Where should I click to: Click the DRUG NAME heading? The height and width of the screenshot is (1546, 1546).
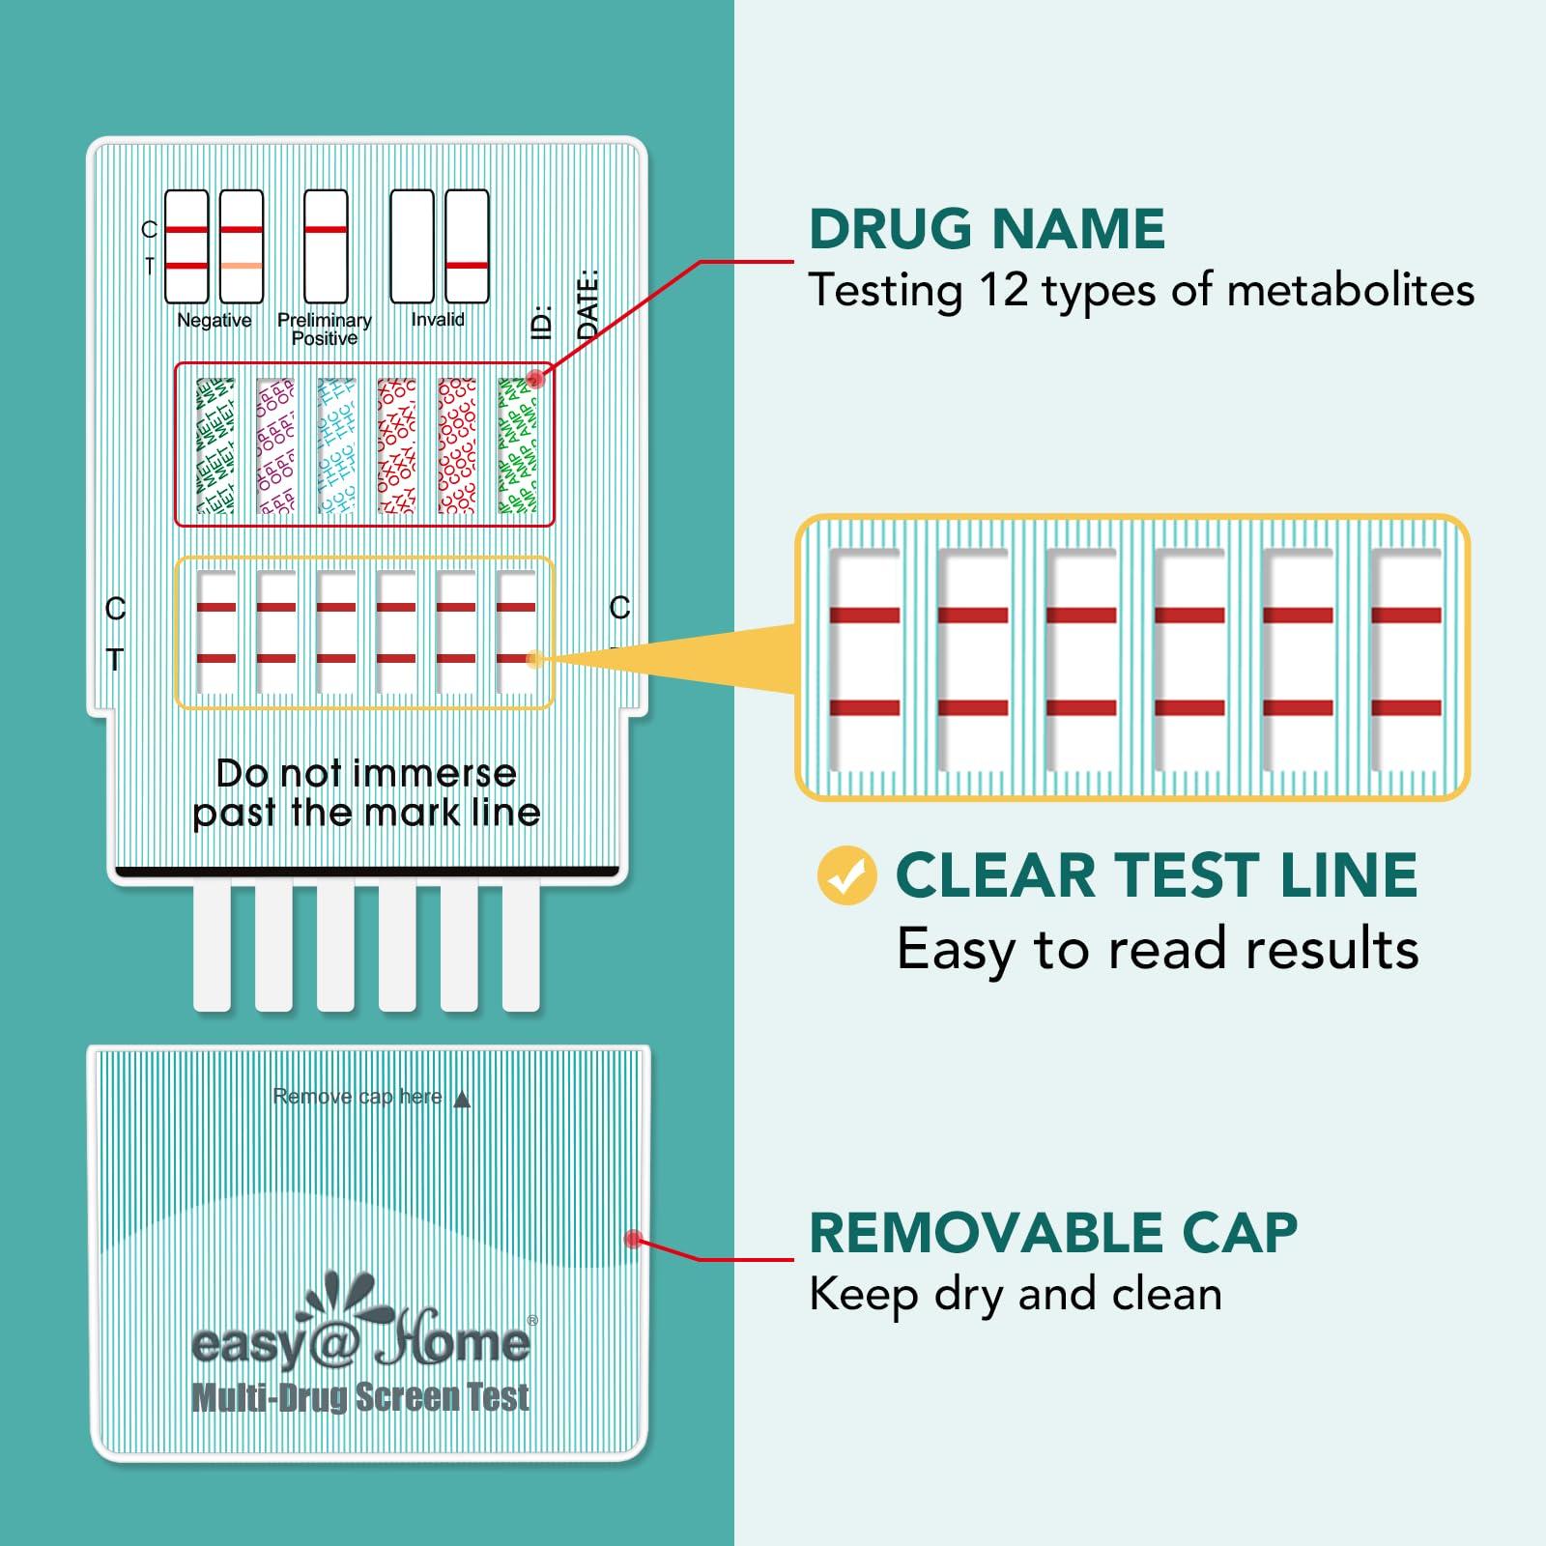(x=987, y=229)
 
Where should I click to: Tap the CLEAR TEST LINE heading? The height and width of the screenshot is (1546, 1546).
(x=1156, y=875)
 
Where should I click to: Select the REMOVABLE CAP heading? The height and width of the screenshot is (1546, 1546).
(x=1053, y=1233)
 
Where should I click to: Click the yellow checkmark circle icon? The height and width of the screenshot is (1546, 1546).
(x=846, y=875)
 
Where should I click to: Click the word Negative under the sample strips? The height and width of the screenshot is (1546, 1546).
(x=215, y=320)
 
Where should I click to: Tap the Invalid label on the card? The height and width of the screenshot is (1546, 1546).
(x=438, y=319)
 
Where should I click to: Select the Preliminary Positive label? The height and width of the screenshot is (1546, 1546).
(x=325, y=329)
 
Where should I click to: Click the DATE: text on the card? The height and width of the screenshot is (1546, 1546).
(x=587, y=303)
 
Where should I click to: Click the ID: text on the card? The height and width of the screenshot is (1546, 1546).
(x=542, y=322)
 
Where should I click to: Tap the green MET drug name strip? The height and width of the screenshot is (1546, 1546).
(x=215, y=445)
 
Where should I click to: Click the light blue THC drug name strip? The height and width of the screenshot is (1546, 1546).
(x=336, y=445)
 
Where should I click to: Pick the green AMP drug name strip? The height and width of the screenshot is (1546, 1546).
(x=517, y=445)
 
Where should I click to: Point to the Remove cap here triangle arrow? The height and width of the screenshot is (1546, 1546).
(x=462, y=1099)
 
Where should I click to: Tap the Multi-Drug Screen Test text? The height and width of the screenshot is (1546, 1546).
(x=360, y=1397)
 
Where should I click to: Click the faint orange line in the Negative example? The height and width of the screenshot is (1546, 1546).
(x=241, y=266)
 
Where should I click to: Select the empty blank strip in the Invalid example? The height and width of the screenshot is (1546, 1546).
(x=412, y=246)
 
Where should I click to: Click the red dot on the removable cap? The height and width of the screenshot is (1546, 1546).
(x=633, y=1238)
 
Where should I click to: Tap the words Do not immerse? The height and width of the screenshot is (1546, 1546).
(x=366, y=773)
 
